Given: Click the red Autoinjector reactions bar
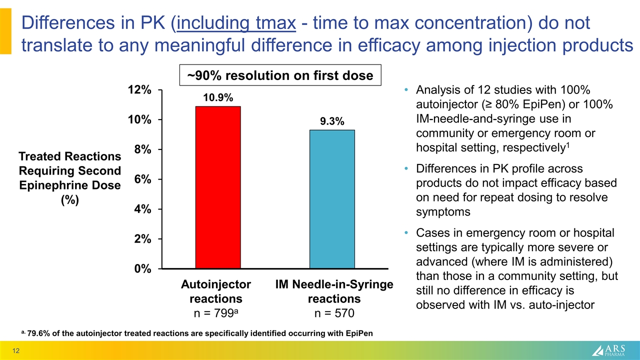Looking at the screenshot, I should (218, 187).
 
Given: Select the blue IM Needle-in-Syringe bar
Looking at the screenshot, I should (332, 199).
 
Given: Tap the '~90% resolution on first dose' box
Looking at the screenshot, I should (280, 75).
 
